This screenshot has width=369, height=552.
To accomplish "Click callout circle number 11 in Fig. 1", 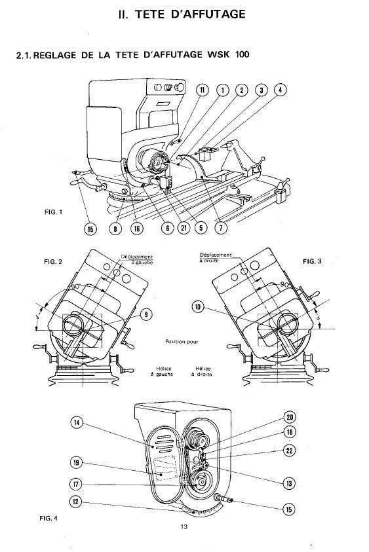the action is click(x=203, y=90).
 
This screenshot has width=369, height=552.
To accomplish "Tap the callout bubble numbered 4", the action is click(x=281, y=90).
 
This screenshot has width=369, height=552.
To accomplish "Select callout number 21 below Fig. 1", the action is click(x=184, y=228).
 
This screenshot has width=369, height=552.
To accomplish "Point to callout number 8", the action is click(x=115, y=229).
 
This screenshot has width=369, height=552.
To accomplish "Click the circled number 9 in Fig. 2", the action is click(x=146, y=314).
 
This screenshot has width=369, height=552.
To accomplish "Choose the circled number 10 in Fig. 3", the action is click(x=198, y=307).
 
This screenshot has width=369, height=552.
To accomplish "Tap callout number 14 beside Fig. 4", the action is click(x=77, y=422).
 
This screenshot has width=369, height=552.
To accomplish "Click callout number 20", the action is click(x=290, y=417).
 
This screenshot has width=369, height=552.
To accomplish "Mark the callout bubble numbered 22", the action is click(x=290, y=451).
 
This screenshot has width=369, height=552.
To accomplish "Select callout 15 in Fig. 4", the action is click(x=289, y=509).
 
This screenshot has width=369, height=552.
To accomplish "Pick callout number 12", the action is click(x=76, y=502).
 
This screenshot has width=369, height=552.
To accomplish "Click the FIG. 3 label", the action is click(x=312, y=261).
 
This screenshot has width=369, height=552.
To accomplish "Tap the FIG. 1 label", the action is click(x=54, y=212).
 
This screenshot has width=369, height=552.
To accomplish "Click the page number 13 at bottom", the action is click(x=184, y=526).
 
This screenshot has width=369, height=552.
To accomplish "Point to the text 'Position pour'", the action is click(x=182, y=341).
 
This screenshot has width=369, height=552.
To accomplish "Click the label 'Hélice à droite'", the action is click(x=203, y=371).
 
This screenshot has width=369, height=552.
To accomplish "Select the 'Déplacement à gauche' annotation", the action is click(x=137, y=259).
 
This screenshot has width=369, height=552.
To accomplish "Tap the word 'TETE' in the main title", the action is click(x=150, y=14).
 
